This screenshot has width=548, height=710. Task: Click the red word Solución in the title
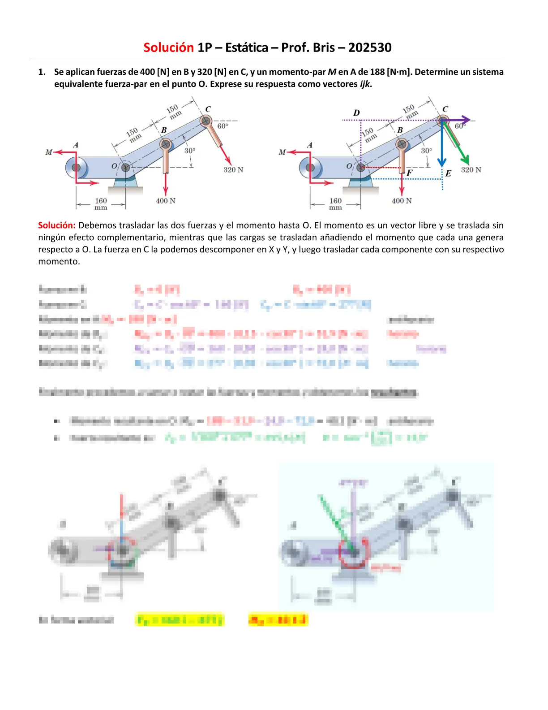pos(168,48)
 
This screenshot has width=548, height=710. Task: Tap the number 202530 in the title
pos(370,48)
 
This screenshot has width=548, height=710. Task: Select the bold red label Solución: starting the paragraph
pos(56,225)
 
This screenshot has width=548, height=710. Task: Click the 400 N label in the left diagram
pos(166,201)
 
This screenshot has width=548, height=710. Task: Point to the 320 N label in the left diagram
pos(233,170)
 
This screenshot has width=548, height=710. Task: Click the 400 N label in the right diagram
pos(402,201)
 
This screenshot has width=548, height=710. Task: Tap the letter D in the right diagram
pos(356,113)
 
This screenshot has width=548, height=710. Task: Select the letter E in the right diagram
pos(448,173)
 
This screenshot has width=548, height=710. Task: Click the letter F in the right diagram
pos(409,173)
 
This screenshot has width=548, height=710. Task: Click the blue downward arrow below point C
pos(442,148)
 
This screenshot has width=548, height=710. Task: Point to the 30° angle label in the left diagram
pos(190,151)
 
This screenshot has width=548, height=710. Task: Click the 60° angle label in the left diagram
pos(223,126)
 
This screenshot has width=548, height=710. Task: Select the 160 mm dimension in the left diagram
pos(101,204)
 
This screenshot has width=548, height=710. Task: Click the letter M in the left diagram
pos(49,152)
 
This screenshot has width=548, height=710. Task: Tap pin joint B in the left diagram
pos(166,144)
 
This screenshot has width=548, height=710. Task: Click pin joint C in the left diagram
pos(205,121)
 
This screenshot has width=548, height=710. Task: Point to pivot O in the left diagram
pos(125,167)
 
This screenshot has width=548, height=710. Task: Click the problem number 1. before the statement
pos(42,72)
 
